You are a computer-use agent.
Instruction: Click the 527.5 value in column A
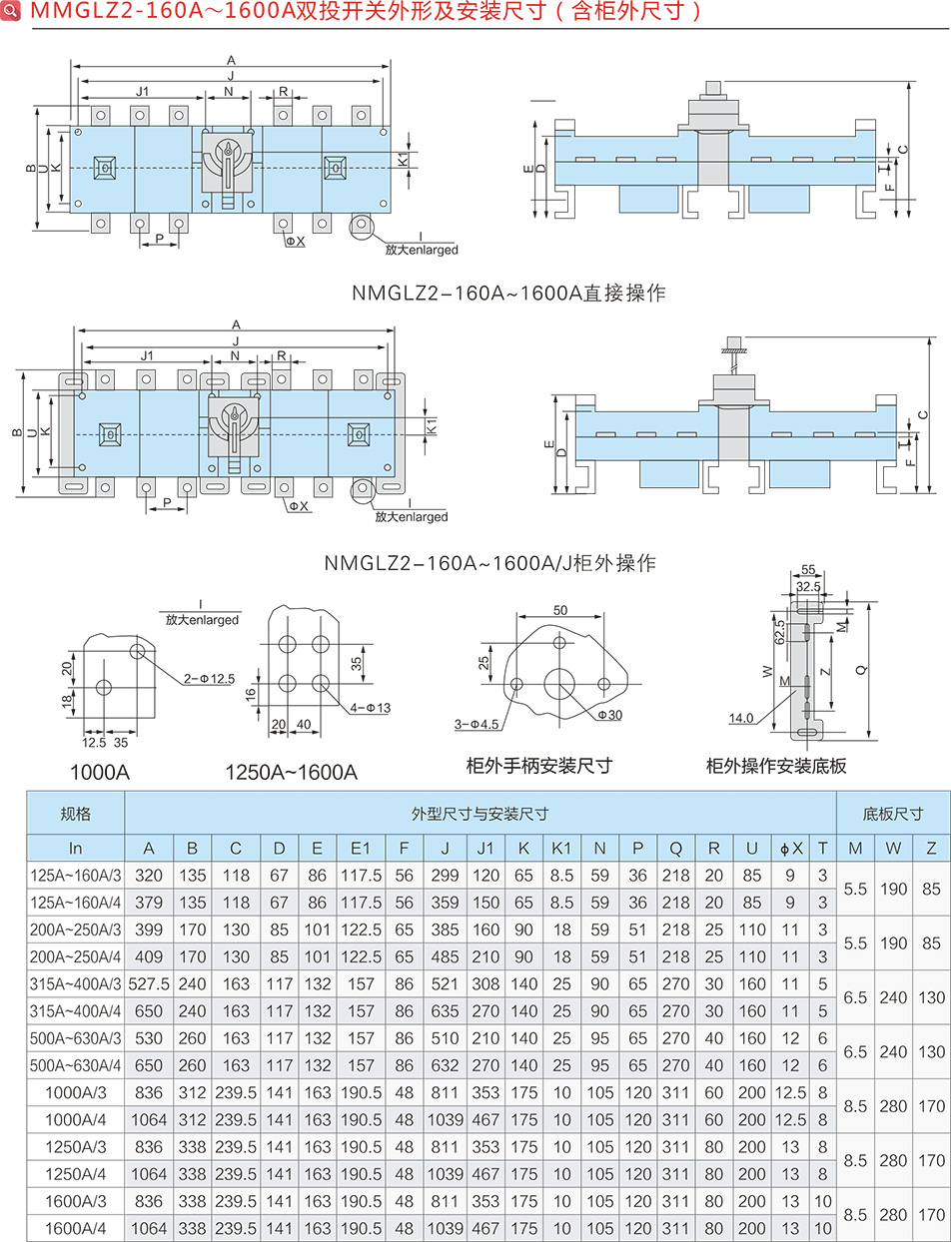click(x=149, y=983)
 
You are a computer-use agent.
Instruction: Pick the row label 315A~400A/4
click(x=76, y=1011)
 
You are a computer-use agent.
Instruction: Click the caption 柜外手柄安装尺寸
click(x=539, y=766)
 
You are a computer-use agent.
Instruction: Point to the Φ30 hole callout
click(x=610, y=715)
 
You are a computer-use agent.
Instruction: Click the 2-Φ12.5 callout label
click(x=209, y=679)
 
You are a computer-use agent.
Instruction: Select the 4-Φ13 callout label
click(x=371, y=708)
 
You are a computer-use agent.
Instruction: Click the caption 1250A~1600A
click(x=291, y=773)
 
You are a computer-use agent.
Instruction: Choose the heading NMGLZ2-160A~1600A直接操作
click(x=508, y=294)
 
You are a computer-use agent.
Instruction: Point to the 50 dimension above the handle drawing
click(x=559, y=610)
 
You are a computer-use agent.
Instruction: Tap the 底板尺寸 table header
click(x=892, y=814)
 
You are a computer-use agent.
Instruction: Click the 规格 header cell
click(x=76, y=814)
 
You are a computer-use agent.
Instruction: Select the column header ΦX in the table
click(x=790, y=848)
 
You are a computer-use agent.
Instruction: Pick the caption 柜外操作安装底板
click(x=776, y=766)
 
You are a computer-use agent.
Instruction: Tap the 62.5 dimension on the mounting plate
click(x=779, y=632)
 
